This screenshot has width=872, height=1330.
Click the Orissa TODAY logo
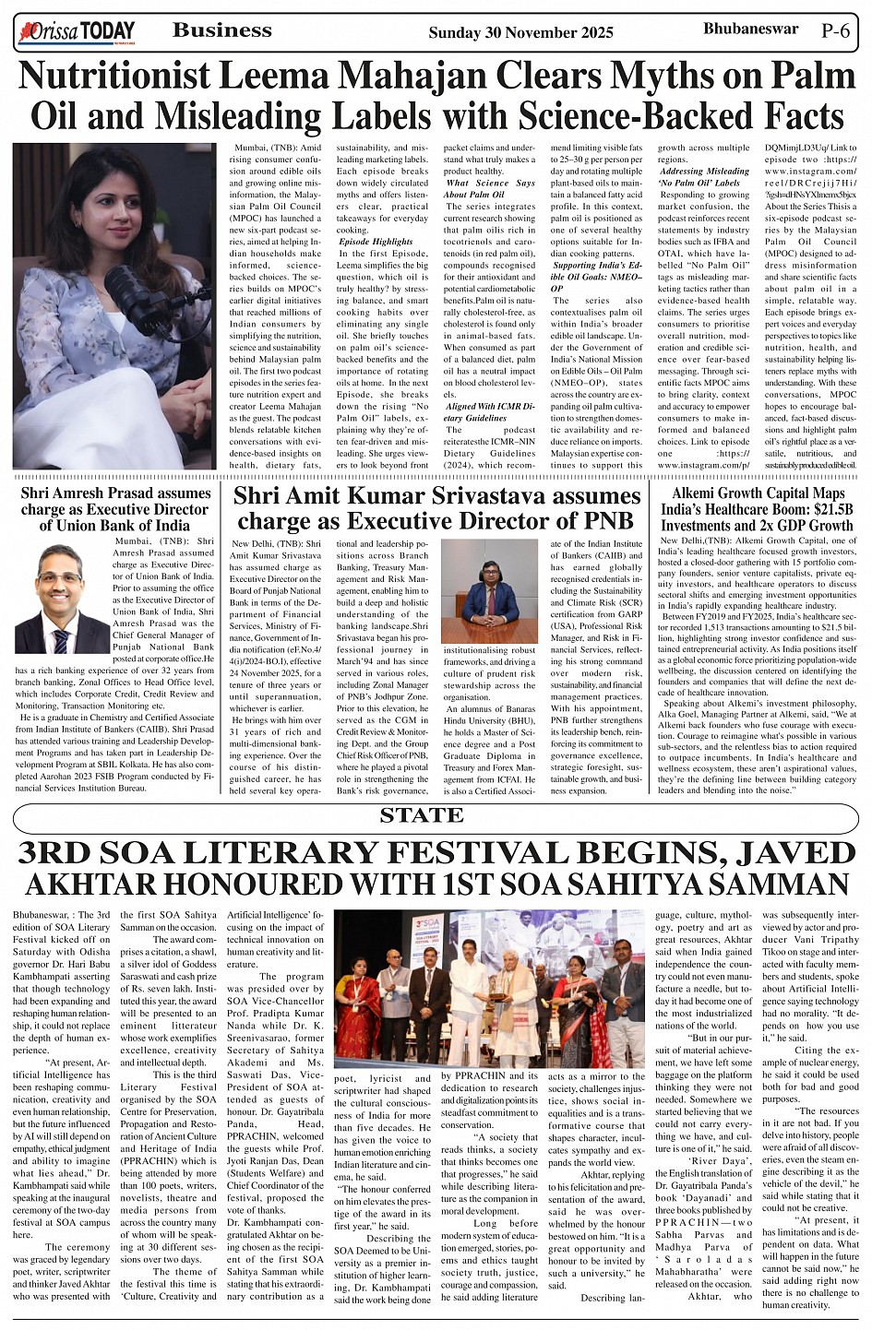coord(77,33)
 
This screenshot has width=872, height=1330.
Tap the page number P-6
coord(835,30)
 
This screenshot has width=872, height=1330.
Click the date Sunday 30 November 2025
coord(520,33)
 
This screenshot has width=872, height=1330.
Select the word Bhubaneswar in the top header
coord(750,29)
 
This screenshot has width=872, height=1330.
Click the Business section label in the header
coord(221,30)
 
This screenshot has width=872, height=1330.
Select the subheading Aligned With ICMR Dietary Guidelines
coord(489,411)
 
